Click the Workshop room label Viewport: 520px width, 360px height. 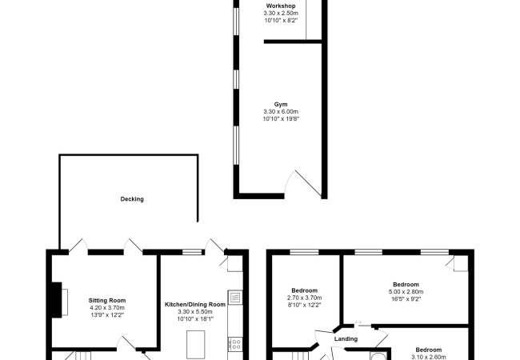(x=281, y=6)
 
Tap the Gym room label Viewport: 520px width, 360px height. (x=281, y=103)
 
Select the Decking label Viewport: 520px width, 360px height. (x=132, y=198)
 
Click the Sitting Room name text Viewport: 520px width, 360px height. (x=106, y=301)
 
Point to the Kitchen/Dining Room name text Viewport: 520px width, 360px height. (x=195, y=305)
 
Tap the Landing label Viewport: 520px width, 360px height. (x=345, y=338)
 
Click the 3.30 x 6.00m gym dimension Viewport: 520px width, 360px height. (x=281, y=111)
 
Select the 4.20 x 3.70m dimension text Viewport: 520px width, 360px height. (x=106, y=308)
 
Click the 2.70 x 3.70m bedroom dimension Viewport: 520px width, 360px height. (x=304, y=298)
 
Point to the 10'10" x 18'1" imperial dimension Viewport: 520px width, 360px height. (x=195, y=319)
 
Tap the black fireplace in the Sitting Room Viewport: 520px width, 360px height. (x=54, y=300)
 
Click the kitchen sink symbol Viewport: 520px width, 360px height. (x=234, y=298)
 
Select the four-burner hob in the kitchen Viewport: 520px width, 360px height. (x=235, y=345)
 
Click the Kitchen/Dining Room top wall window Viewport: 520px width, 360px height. (x=192, y=252)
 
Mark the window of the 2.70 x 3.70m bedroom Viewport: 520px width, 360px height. (x=304, y=252)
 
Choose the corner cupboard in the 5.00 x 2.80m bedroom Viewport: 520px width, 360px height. (x=459, y=263)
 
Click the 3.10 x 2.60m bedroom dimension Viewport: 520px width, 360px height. (x=428, y=357)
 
